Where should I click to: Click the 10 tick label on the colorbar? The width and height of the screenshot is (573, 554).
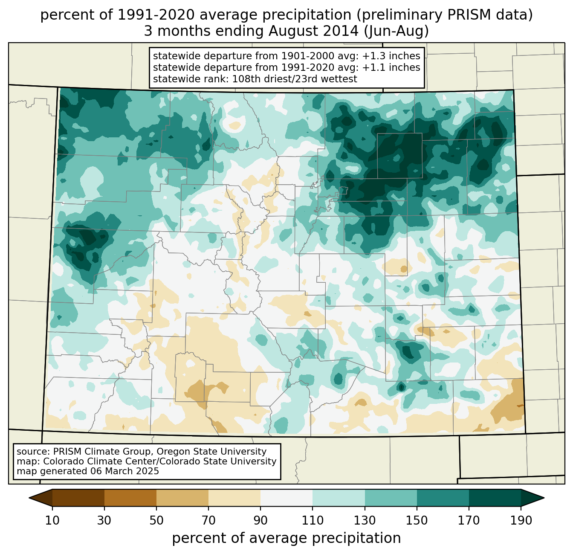coord(52,521)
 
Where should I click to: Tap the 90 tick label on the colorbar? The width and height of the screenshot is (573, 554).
coord(260,521)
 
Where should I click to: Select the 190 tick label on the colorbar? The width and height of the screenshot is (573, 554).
coord(521,521)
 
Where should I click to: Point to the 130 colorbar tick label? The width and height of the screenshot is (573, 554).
coord(365,521)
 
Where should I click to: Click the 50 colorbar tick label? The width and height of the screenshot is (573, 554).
coord(156,521)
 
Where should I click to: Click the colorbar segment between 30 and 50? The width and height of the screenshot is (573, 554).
coord(130,498)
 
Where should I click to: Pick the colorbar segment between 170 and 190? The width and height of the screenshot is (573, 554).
coord(495,498)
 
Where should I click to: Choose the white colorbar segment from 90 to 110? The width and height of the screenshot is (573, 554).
coord(286,498)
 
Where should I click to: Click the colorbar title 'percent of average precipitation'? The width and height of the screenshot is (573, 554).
coord(286,538)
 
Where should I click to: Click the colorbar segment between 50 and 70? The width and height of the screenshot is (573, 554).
coord(182,498)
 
